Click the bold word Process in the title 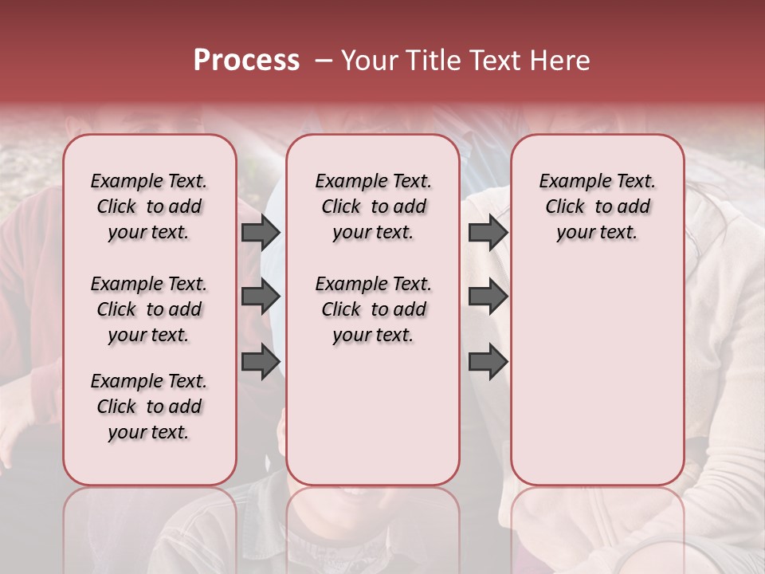click(246, 61)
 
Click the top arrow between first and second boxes click(261, 232)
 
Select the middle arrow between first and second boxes click(261, 297)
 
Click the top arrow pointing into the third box click(488, 232)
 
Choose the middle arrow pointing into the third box click(488, 297)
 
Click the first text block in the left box click(149, 206)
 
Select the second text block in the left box click(149, 309)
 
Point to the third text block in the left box click(149, 407)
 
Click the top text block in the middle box click(373, 206)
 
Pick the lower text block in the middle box click(373, 309)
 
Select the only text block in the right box click(597, 206)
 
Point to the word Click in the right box click(565, 207)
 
